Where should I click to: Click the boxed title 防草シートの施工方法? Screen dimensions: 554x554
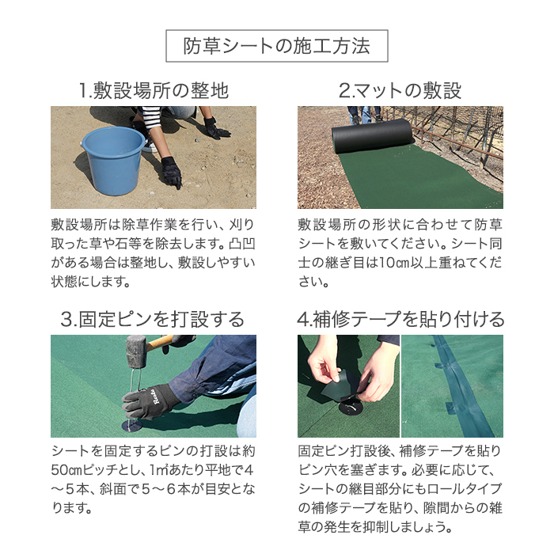pos(276,47)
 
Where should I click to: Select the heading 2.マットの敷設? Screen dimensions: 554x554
pos(400,91)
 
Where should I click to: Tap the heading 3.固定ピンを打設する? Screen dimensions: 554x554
pos(153,320)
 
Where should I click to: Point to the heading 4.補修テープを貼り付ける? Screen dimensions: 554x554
pos(400,320)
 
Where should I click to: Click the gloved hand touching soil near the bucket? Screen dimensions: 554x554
pos(171,171)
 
